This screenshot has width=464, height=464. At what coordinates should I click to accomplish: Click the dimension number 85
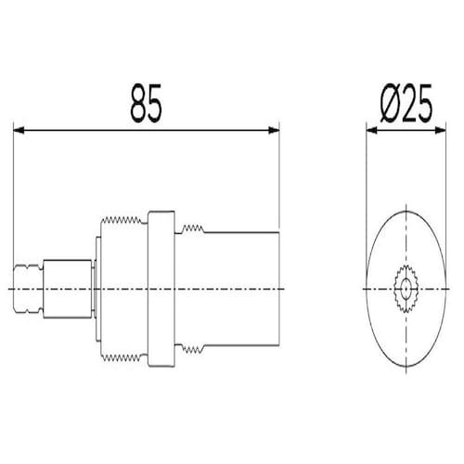[x=146, y=103]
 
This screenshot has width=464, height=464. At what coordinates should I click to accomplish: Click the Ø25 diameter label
[x=406, y=103]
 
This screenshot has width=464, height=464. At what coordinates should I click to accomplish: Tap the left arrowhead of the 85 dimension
[x=19, y=130]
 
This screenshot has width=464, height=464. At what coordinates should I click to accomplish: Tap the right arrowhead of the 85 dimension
[x=274, y=130]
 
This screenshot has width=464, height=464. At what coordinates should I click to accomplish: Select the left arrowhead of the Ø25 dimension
[x=372, y=130]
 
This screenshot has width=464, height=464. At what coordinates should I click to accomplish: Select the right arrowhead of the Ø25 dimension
[x=441, y=130]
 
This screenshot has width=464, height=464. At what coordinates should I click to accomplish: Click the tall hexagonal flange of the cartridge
[x=161, y=289]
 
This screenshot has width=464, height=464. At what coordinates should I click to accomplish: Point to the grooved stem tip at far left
[x=28, y=289]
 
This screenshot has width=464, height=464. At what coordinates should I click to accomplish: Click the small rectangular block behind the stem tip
[x=68, y=289]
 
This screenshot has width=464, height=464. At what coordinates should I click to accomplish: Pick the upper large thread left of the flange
[x=122, y=220]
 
